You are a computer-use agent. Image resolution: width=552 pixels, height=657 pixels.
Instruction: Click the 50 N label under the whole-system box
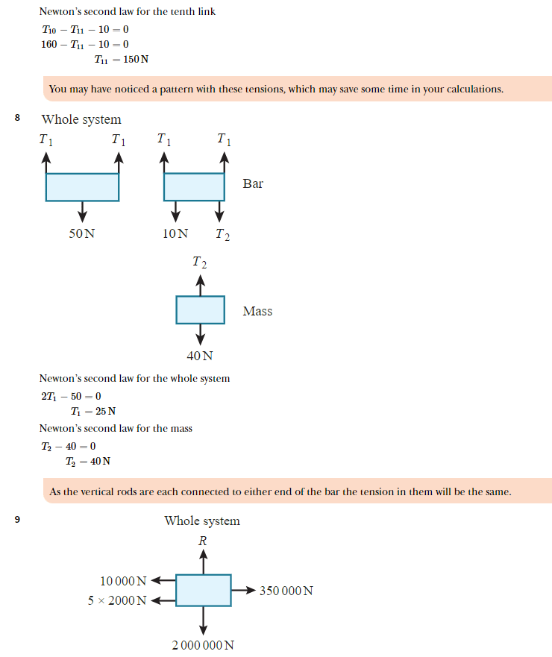[x=82, y=233]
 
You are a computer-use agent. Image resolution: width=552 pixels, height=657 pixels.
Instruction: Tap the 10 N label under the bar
[x=175, y=233]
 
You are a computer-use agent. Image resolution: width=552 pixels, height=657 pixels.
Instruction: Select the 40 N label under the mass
[x=199, y=356]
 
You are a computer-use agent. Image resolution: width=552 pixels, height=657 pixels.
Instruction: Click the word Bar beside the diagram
[x=253, y=183]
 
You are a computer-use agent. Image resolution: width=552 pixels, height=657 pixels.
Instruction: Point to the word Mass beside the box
[x=257, y=311]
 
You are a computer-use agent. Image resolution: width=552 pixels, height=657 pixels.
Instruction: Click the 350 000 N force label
[x=286, y=591]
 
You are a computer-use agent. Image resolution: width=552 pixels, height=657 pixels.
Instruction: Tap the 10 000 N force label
[x=124, y=581]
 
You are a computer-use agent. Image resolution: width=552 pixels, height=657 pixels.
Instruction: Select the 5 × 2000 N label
[x=118, y=600]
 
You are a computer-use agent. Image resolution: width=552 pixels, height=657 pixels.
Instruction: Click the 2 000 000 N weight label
[x=203, y=645]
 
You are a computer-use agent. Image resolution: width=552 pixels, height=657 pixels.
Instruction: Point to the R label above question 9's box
[x=202, y=541]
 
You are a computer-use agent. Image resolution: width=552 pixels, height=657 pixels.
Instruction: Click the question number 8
[x=17, y=118]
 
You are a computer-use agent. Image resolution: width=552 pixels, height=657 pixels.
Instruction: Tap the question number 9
[x=17, y=520]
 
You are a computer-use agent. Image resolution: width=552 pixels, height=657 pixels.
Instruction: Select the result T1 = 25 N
[x=93, y=411]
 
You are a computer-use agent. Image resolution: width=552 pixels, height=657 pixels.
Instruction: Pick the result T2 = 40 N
[x=88, y=461]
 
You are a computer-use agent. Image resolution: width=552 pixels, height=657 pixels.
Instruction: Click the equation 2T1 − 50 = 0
[x=71, y=396]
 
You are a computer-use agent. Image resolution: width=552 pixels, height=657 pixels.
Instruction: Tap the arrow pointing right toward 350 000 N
[x=244, y=590]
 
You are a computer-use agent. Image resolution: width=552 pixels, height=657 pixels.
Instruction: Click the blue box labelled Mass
[x=200, y=309]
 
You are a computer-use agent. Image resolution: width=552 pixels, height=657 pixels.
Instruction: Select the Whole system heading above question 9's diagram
[x=202, y=521]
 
